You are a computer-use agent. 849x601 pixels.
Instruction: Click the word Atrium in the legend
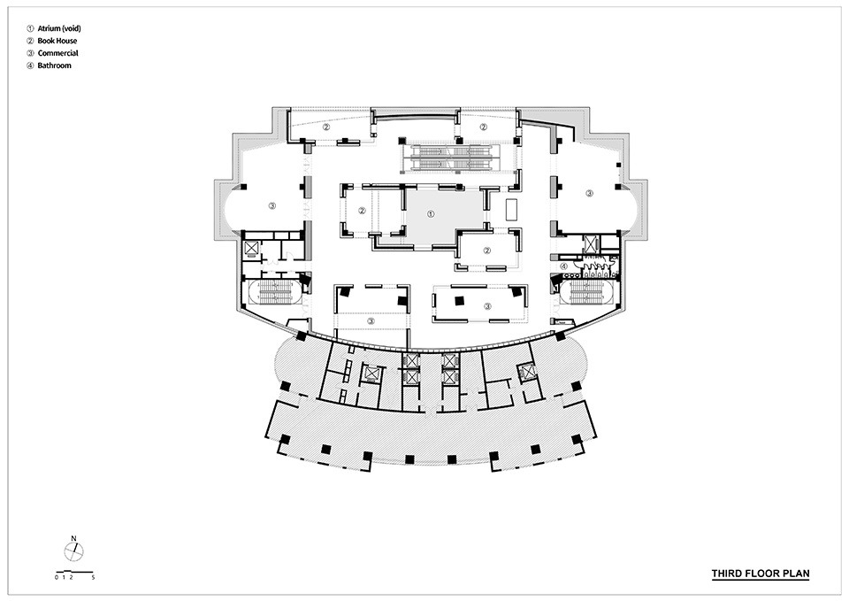[48, 28]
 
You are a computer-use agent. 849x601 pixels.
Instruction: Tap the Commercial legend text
[58, 53]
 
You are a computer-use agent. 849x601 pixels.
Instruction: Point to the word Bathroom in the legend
[54, 65]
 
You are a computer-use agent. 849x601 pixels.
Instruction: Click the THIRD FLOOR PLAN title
[761, 574]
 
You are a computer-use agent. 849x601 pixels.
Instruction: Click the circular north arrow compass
[73, 552]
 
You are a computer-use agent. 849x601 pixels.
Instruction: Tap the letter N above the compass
[73, 538]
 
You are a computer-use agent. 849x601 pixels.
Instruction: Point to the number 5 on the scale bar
[93, 578]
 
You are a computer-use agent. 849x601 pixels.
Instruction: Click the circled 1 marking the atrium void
[431, 214]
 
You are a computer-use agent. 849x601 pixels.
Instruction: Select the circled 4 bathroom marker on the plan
[563, 266]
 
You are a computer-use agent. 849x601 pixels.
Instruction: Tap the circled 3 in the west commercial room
[272, 205]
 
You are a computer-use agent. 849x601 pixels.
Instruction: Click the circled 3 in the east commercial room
[589, 193]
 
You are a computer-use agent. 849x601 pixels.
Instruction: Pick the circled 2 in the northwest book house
[326, 127]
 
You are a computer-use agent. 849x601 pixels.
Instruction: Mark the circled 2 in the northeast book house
[483, 127]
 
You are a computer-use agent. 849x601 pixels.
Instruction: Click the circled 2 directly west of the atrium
[362, 211]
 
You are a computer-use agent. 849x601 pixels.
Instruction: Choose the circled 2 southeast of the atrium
[486, 250]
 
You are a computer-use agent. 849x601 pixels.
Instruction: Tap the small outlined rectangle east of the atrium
[512, 209]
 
